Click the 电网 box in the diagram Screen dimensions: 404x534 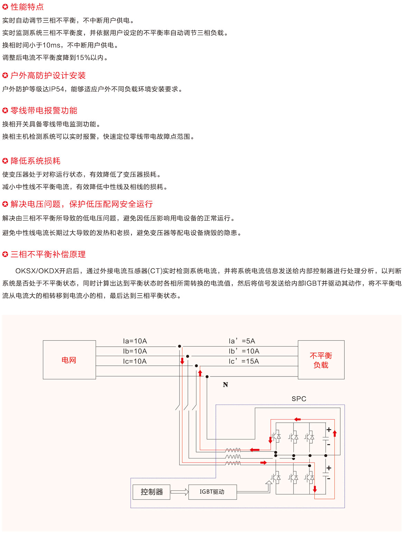(69, 360)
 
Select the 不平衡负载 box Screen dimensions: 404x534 (321, 360)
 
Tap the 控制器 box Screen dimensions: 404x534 (151, 492)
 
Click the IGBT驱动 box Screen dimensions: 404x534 (212, 492)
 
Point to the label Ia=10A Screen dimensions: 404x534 (135, 341)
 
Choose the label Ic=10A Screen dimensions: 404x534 (135, 361)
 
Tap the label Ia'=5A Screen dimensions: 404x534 (242, 341)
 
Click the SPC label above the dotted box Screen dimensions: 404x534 (299, 399)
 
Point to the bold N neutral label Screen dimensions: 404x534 (225, 385)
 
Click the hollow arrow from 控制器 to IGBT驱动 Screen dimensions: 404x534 (180, 492)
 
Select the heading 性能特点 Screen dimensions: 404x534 (27, 7)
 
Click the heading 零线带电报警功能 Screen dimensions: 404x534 (44, 111)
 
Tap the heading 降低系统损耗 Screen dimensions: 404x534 (36, 161)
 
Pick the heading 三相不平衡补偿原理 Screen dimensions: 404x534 (48, 255)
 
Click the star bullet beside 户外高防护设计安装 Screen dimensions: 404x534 (5, 75)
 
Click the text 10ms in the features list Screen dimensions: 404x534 (51, 45)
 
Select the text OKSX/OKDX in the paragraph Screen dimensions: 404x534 (37, 271)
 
